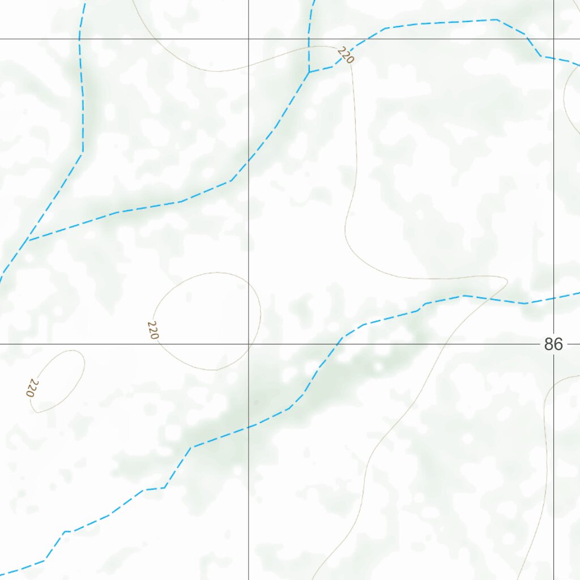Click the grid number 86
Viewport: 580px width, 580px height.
(553, 344)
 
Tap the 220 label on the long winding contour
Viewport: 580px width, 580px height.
(345, 56)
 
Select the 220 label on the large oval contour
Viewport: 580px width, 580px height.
(152, 330)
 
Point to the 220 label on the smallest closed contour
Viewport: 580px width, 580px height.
(33, 388)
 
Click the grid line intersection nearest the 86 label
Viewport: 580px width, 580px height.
(554, 344)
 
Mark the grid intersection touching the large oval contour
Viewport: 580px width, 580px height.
(249, 344)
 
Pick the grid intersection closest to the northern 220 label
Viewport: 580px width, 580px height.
(249, 39)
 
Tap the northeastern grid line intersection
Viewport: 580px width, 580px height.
(554, 39)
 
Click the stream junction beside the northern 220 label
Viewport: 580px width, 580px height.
(309, 72)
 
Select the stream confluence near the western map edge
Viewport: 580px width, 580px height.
(28, 240)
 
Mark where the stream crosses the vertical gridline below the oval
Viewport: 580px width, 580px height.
(249, 427)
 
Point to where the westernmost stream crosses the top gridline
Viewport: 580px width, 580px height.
(79, 39)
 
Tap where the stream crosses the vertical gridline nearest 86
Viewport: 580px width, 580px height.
(554, 298)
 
